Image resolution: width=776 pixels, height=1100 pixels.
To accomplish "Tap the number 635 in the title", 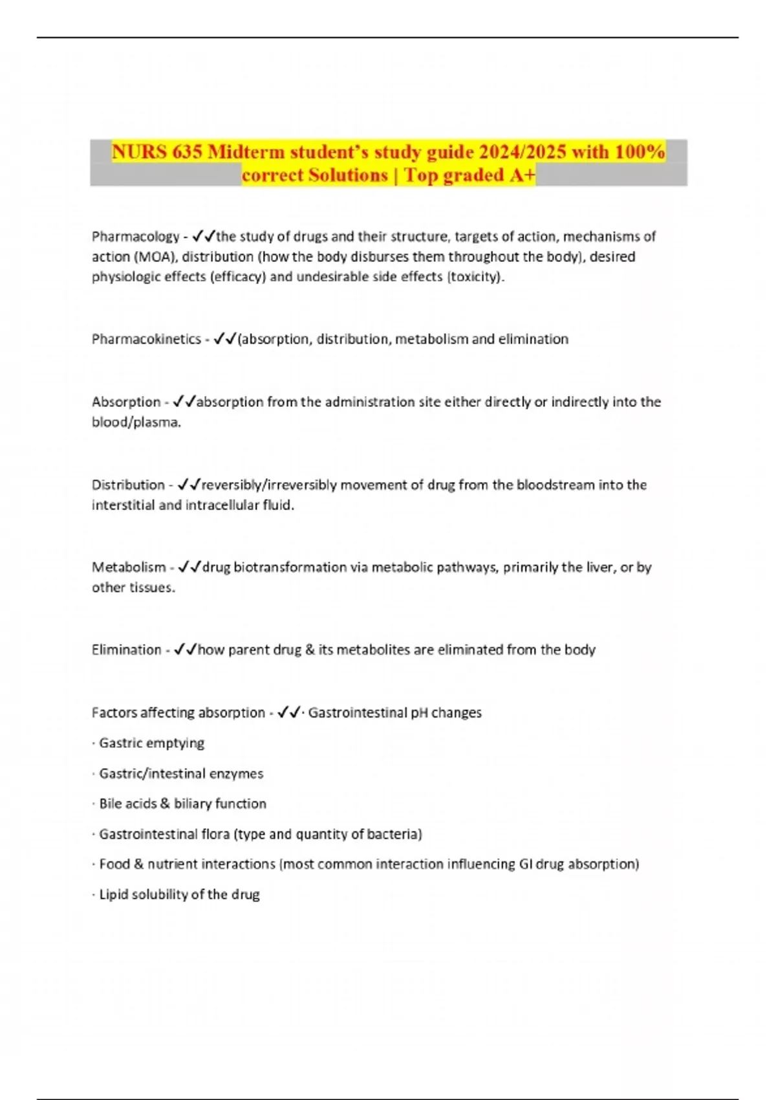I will [187, 152].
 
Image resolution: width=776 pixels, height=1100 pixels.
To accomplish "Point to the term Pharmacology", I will [135, 237].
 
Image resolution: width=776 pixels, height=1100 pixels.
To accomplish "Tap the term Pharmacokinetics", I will [146, 339].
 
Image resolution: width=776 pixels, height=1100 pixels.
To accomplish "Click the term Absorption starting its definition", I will [126, 402].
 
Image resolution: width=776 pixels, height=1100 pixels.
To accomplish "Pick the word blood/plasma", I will [136, 423].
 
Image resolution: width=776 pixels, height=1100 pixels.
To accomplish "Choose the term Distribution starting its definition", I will [128, 485].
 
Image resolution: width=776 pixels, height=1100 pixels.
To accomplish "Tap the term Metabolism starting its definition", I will [129, 567].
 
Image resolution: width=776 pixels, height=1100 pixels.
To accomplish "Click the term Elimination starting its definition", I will [126, 650].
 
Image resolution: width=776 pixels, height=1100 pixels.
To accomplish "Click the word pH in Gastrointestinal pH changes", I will [419, 713].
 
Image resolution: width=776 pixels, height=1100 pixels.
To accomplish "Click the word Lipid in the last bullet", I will [113, 895].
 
